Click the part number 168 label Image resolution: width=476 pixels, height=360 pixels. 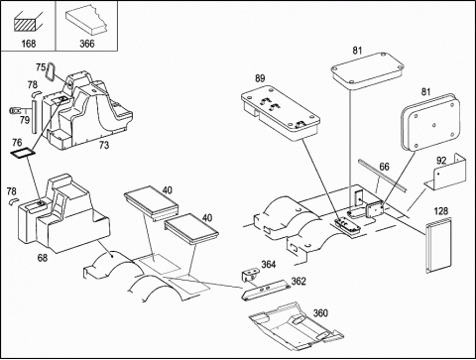pyautogui.click(x=29, y=44)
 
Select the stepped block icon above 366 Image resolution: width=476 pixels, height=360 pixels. pyautogui.click(x=87, y=22)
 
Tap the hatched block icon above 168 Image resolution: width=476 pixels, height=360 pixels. pyautogui.click(x=29, y=22)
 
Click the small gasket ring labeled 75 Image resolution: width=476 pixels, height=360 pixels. pyautogui.click(x=52, y=72)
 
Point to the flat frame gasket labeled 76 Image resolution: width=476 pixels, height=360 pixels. pyautogui.click(x=23, y=154)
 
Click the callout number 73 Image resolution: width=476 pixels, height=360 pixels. pyautogui.click(x=104, y=145)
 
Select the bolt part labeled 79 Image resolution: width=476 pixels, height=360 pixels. pyautogui.click(x=16, y=110)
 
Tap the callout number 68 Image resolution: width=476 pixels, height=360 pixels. pyautogui.click(x=43, y=258)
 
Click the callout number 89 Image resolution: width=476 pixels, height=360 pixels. pyautogui.click(x=260, y=78)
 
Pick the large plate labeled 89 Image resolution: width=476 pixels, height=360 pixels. pyautogui.click(x=281, y=112)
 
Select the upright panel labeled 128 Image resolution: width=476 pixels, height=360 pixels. pyautogui.click(x=438, y=245)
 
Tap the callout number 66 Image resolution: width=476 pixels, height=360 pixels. pyautogui.click(x=384, y=167)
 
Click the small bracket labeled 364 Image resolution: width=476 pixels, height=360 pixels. pyautogui.click(x=250, y=275)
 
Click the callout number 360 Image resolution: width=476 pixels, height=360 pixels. pyautogui.click(x=320, y=312)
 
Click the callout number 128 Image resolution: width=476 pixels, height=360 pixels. pyautogui.click(x=441, y=211)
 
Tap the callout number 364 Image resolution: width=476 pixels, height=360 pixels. pyautogui.click(x=269, y=265)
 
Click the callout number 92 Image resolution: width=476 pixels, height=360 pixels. pyautogui.click(x=441, y=161)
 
